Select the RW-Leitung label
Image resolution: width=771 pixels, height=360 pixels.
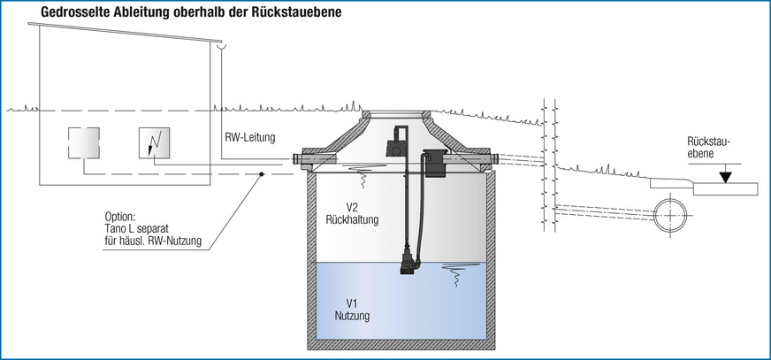pos(250,137)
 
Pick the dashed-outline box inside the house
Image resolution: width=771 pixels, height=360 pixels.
pos(85,143)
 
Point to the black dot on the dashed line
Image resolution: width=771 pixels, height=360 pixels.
pos(262,174)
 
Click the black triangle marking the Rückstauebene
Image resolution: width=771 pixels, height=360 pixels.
pos(726,177)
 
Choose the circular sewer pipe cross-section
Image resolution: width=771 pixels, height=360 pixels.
pos(673,214)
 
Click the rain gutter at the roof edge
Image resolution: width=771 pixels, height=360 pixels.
pos(223,46)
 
